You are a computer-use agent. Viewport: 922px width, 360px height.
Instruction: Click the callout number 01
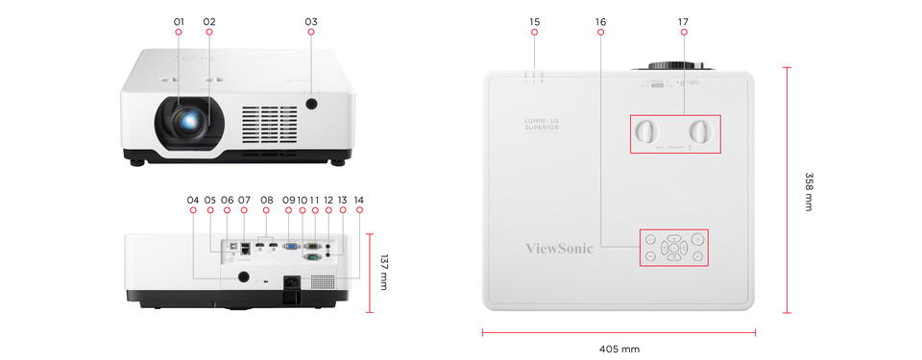point(179,21)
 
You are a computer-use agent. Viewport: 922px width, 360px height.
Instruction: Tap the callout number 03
point(310,21)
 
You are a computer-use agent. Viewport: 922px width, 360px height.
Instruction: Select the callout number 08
point(267,200)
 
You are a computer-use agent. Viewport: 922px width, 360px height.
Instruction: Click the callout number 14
point(359,200)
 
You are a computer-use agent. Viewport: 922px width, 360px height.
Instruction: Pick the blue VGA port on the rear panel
point(292,247)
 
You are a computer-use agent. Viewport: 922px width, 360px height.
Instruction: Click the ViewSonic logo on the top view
point(560,248)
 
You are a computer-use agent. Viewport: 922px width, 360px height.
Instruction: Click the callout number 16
point(600,21)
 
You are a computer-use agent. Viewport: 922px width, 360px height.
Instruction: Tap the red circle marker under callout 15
point(535,34)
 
